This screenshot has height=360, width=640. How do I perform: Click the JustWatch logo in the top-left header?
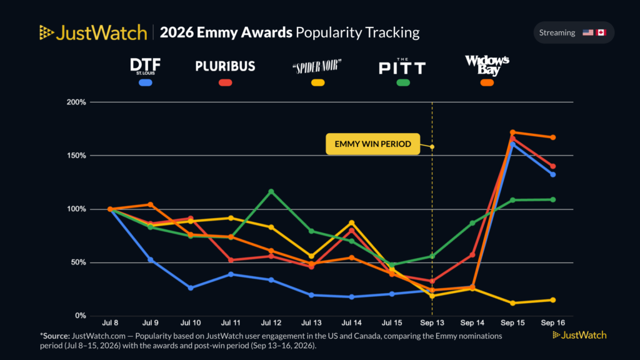coord(93,32)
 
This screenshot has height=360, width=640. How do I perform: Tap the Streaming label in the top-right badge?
coord(557,32)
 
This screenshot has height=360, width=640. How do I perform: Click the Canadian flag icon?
coord(601,32)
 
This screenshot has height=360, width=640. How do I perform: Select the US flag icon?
coord(587,32)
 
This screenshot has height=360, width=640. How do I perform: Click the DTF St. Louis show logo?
coord(145,66)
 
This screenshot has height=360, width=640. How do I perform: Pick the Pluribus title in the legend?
coord(225,66)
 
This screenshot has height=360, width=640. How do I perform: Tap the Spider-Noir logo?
coord(317,66)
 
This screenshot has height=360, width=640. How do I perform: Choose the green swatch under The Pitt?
coord(403,83)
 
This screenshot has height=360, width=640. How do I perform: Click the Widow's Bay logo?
coord(487,65)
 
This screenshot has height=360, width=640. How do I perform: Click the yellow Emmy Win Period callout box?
coord(372,144)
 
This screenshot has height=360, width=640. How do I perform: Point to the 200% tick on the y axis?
coord(76,102)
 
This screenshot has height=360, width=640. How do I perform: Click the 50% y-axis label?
coord(78,262)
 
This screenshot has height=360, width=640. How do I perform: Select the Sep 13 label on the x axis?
coord(432,323)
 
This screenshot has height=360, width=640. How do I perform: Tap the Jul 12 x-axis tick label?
coord(271,323)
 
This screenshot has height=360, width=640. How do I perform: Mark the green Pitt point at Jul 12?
coord(271,192)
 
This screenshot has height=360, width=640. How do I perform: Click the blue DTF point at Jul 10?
coord(191,288)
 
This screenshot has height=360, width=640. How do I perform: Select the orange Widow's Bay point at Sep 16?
coord(553,137)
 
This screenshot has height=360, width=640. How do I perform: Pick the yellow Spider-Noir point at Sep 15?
coord(512,303)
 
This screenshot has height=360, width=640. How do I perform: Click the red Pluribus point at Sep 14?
coord(472,255)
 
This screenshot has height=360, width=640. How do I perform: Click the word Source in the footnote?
coord(56,336)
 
